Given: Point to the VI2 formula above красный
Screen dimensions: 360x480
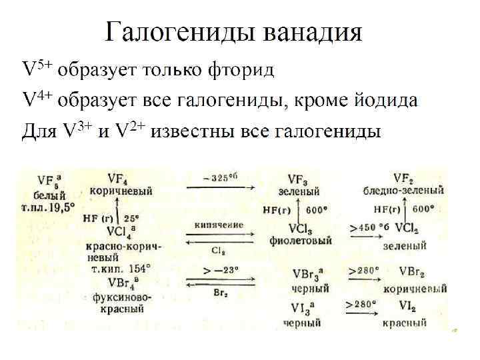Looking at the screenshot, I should tap(403, 308).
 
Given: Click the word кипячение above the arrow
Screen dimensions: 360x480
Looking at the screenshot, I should tap(219, 225).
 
